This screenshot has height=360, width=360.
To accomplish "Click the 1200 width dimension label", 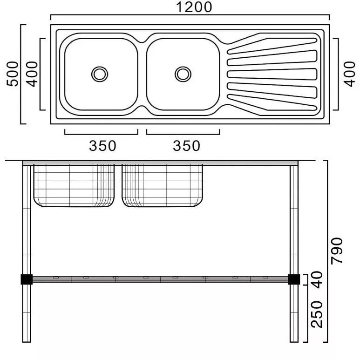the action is (x=194, y=7).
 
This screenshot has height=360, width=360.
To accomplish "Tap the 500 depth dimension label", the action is (x=13, y=74).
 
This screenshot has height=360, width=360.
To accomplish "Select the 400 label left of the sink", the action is (x=32, y=74).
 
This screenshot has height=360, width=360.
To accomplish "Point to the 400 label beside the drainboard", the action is (x=349, y=74).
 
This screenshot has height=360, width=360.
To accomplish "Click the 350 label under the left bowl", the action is (x=102, y=146).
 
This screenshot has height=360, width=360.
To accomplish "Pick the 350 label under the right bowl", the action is (x=186, y=146).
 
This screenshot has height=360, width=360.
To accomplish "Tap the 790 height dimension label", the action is (x=337, y=251).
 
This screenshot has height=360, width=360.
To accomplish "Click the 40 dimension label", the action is (x=317, y=279).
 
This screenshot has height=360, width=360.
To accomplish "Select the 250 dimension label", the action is (x=317, y=314).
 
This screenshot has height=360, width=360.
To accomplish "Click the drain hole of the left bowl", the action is (x=100, y=74).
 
